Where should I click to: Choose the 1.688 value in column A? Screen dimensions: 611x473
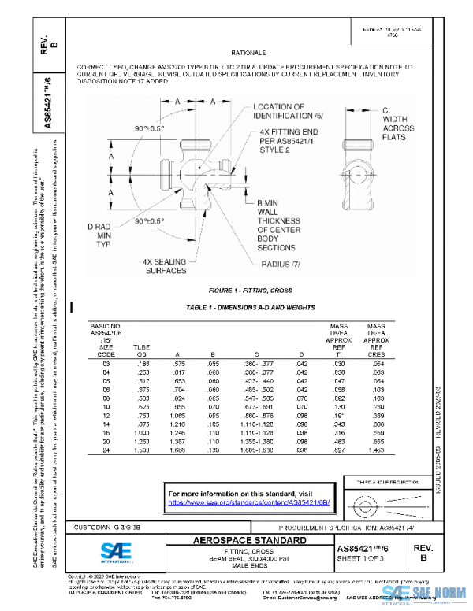[181, 451]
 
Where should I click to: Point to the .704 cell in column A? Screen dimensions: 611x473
[181, 389]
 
